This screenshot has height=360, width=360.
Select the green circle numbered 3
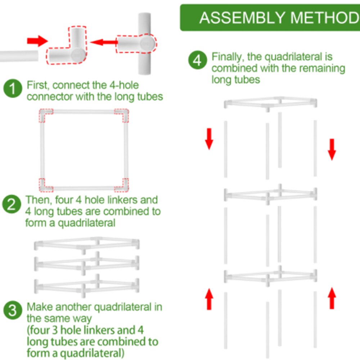tap(13, 311)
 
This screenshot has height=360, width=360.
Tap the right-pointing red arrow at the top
tap(37, 40)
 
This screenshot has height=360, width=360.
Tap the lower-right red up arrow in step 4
tap(332, 298)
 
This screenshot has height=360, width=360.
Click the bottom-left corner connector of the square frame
tap(45, 184)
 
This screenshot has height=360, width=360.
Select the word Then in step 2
tap(36, 200)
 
